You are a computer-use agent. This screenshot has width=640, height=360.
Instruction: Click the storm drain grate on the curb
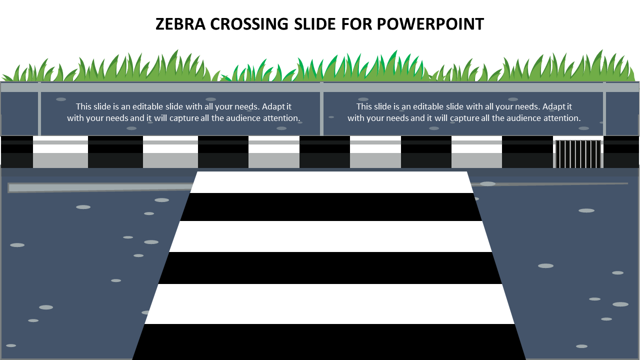578,154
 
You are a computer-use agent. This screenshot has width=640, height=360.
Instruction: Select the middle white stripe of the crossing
330,236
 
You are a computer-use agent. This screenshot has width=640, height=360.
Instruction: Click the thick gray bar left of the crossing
100,187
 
